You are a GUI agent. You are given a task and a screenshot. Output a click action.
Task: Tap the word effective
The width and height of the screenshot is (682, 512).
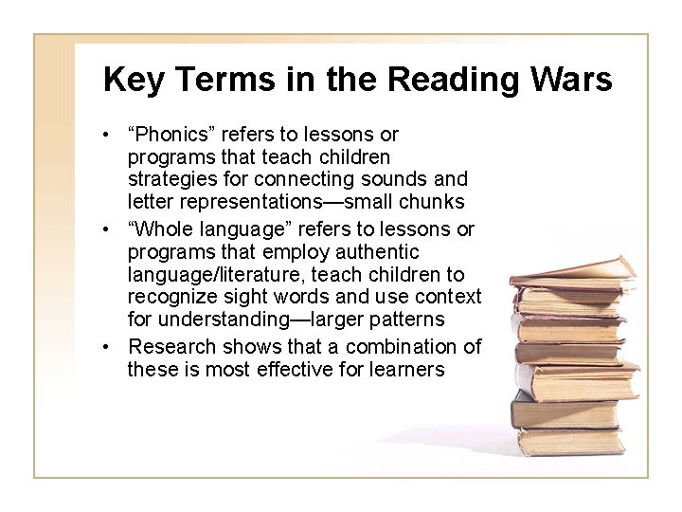point(307,368)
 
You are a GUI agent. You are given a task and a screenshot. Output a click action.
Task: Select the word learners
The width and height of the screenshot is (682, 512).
point(404,368)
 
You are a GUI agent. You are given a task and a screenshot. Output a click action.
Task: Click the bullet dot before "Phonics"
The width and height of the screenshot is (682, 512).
point(111,135)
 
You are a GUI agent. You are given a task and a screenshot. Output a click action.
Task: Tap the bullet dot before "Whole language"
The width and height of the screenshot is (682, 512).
point(111,230)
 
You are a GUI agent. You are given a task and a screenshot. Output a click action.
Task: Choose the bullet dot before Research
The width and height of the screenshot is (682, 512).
point(111,345)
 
